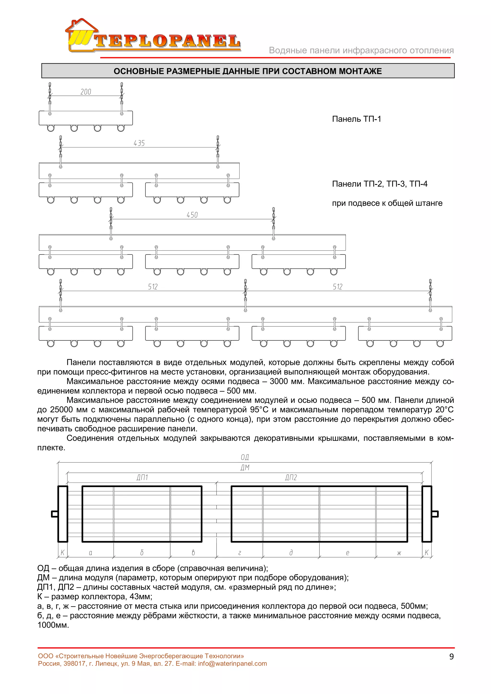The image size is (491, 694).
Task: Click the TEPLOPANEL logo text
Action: click(167, 42)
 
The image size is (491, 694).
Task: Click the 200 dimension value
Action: click(86, 92)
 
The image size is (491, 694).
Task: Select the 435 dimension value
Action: click(139, 143)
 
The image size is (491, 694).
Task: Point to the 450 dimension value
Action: click(192, 215)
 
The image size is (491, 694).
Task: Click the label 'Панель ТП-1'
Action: click(356, 119)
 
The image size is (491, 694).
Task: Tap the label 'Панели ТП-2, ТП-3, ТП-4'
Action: click(380, 184)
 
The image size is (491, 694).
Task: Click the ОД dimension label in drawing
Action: click(245, 457)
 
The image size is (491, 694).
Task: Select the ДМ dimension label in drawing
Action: click(245, 468)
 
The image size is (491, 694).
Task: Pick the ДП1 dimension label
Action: click(142, 478)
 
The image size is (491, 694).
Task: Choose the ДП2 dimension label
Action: click(291, 478)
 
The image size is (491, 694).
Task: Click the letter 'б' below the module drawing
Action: click(142, 552)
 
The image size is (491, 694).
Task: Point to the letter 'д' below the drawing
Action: click(291, 552)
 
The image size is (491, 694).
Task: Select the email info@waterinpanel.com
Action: click(232, 664)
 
